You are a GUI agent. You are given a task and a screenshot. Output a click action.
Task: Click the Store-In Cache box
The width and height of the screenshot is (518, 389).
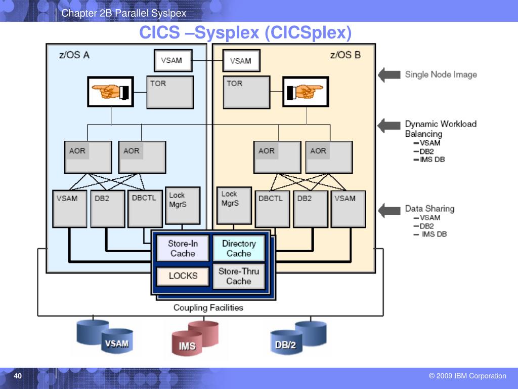click(183, 248)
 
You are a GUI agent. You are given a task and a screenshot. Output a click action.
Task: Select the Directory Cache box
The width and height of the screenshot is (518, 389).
click(239, 248)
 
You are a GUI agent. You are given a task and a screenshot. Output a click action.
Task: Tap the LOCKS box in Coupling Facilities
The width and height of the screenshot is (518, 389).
click(183, 276)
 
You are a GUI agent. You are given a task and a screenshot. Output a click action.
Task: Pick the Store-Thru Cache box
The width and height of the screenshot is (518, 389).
click(239, 276)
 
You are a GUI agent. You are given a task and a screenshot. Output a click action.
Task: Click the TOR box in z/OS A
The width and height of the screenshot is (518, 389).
click(170, 92)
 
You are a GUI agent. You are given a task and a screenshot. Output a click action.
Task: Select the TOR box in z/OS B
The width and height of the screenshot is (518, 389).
click(246, 92)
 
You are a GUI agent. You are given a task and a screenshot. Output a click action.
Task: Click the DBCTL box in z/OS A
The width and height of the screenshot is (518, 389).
click(145, 208)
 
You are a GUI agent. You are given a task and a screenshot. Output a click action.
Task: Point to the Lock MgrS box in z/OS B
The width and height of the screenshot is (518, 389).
click(234, 206)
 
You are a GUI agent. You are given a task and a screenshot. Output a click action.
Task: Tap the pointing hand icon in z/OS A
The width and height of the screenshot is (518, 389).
click(111, 92)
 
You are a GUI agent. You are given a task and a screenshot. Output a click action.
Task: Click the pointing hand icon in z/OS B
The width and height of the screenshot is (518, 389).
click(306, 92)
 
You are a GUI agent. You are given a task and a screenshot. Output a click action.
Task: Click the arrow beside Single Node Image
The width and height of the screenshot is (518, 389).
click(389, 75)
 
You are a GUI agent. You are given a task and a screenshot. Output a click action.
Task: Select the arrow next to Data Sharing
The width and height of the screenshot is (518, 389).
click(389, 211)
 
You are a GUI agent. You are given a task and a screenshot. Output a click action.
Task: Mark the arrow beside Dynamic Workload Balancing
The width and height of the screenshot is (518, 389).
click(389, 126)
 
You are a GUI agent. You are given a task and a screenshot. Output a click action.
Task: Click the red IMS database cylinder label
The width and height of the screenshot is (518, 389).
click(187, 346)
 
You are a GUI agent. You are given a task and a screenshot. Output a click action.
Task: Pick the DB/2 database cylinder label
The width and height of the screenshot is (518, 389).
click(285, 345)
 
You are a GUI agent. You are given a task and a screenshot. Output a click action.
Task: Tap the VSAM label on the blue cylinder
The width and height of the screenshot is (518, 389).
click(117, 344)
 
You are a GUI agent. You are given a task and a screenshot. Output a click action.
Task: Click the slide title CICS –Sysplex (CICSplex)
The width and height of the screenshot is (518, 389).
click(245, 32)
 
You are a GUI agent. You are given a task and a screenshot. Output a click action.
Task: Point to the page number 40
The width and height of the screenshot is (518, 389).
click(18, 376)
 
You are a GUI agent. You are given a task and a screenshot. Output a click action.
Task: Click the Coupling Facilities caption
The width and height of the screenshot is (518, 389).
click(208, 307)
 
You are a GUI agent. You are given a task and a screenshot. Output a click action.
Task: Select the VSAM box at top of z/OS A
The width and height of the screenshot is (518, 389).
click(173, 61)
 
